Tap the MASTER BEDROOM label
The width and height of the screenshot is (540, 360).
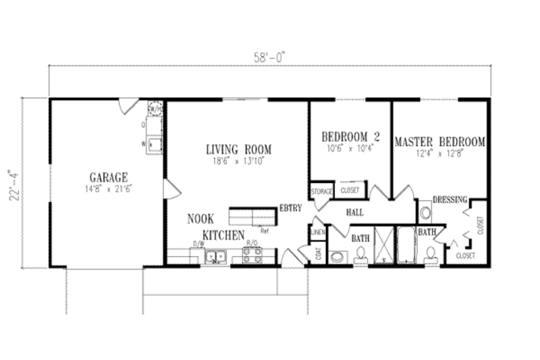pyautogui.click(x=439, y=142)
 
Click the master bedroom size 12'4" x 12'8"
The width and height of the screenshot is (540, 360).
pyautogui.click(x=439, y=153)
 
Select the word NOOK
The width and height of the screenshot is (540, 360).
pyautogui.click(x=200, y=220)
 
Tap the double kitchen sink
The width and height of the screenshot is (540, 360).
pyautogui.click(x=215, y=257)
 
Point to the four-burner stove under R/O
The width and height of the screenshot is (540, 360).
pyautogui.click(x=252, y=256)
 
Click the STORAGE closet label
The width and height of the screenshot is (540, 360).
pyautogui.click(x=322, y=192)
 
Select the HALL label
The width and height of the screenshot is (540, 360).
pyautogui.click(x=356, y=212)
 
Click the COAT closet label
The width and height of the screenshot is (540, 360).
pyautogui.click(x=318, y=253)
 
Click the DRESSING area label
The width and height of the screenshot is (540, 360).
pyautogui.click(x=450, y=200)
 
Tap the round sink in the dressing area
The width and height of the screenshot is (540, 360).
pyautogui.click(x=426, y=215)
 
